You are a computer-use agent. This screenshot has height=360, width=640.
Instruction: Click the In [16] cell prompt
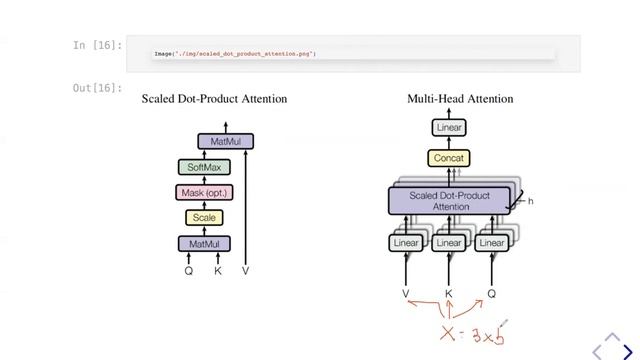click(97, 45)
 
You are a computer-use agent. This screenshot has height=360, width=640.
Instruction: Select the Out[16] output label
click(97, 89)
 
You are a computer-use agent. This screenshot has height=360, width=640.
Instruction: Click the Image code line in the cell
click(234, 53)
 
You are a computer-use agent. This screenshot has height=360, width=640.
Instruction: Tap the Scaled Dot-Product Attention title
click(214, 99)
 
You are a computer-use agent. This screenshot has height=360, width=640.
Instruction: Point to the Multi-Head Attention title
click(460, 99)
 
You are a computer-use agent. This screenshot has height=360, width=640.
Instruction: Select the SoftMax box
click(204, 167)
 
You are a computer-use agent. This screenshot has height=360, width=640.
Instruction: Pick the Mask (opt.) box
click(204, 192)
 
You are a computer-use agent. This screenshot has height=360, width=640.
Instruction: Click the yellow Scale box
click(204, 217)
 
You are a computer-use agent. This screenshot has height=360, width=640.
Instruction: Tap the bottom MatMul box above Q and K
click(204, 243)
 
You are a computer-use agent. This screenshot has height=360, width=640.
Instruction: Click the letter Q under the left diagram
click(188, 270)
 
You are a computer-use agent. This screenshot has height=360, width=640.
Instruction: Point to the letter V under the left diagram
click(245, 270)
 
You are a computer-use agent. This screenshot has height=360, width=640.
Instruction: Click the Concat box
click(449, 158)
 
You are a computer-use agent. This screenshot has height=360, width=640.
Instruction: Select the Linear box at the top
click(449, 127)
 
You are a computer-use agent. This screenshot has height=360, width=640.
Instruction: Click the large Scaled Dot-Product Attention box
click(449, 201)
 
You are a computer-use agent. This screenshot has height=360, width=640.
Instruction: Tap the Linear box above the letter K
click(449, 243)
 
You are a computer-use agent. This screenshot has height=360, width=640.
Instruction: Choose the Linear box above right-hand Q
click(491, 243)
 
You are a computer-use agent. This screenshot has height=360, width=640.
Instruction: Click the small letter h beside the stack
click(530, 201)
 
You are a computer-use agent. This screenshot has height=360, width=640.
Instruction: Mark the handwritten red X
click(447, 332)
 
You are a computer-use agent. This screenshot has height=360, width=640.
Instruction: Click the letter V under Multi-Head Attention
click(406, 294)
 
